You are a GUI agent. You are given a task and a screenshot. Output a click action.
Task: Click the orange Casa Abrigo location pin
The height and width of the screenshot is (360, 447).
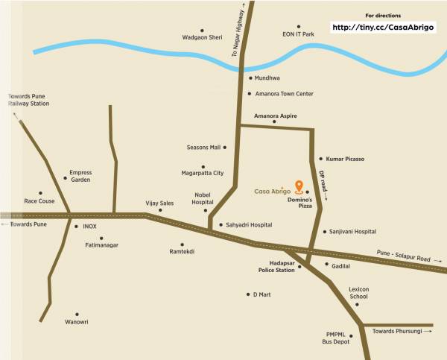click(299, 186)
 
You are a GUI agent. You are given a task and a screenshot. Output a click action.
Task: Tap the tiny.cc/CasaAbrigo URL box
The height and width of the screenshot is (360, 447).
click(382, 28)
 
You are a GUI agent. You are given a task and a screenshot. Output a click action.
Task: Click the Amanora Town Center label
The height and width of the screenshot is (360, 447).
click(285, 94)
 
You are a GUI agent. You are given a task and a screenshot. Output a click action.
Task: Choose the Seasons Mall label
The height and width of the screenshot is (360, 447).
click(203, 148)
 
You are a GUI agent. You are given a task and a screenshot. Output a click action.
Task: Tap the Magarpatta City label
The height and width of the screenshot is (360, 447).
click(203, 173)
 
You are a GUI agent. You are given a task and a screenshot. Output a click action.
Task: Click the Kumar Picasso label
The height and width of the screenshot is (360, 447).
click(345, 159)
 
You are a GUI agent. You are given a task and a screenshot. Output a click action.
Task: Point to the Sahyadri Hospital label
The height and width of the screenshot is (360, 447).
click(249, 224)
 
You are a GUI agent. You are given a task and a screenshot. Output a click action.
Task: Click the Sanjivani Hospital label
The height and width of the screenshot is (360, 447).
click(353, 232)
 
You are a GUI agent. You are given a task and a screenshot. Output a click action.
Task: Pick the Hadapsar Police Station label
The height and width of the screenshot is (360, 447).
click(276, 266)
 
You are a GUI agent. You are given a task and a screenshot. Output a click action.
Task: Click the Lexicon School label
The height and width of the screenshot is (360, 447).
click(359, 292)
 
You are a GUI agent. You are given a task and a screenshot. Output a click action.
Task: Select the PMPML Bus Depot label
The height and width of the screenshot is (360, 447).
click(337, 338)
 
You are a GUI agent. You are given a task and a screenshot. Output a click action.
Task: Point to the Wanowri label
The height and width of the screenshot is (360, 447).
click(76, 322)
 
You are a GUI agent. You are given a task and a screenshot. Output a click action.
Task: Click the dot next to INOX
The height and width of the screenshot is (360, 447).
click(75, 226)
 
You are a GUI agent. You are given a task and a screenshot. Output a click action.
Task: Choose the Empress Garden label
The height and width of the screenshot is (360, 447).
click(80, 176)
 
